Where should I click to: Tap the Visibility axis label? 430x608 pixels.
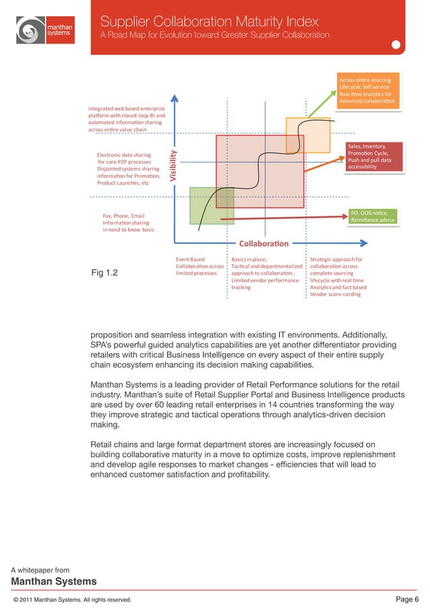[173, 164]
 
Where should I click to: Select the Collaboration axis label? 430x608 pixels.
[263, 243]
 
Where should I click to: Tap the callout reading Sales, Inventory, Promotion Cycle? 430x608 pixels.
[373, 156]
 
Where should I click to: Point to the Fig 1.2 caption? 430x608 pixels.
[104, 273]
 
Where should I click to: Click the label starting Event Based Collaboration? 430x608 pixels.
[199, 266]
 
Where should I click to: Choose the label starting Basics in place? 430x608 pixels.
[267, 273]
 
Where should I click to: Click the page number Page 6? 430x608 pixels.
[406, 599]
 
